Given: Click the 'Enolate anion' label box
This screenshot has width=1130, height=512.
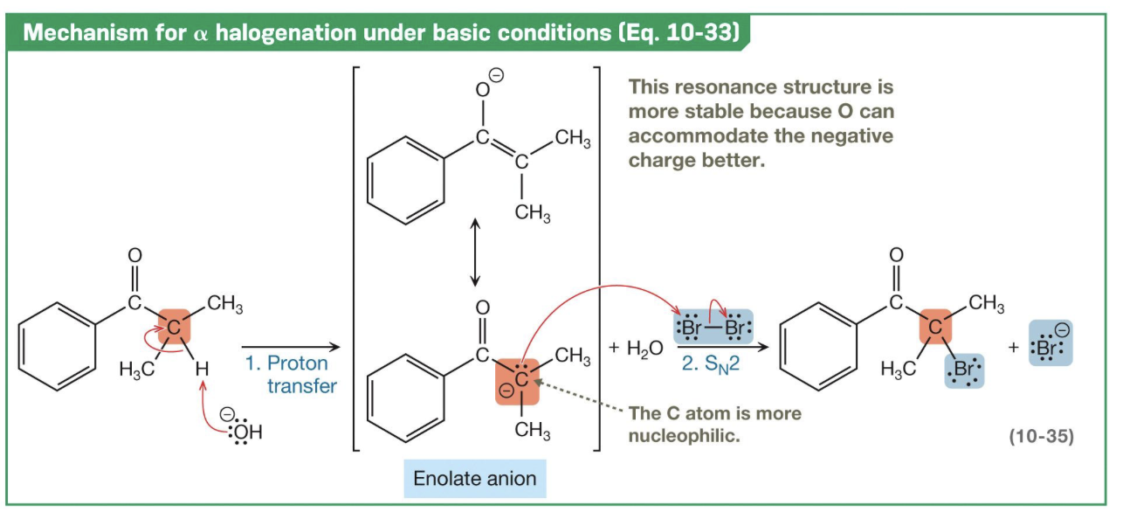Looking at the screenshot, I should [x=475, y=479].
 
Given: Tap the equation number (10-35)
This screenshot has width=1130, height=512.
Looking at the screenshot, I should [x=1041, y=436].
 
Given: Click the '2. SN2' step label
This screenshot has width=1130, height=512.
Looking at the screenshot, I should [x=710, y=363].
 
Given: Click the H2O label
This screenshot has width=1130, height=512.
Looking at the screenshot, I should [x=637, y=348].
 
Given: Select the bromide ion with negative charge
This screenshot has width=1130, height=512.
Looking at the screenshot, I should [x=1050, y=342].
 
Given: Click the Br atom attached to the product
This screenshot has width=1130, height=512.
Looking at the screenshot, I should [x=964, y=370].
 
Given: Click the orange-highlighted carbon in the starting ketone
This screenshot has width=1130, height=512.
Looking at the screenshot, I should [x=175, y=328].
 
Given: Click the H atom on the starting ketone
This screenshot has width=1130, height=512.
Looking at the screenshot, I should [x=203, y=370].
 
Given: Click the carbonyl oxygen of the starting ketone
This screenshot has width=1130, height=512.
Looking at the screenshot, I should [x=134, y=256].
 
